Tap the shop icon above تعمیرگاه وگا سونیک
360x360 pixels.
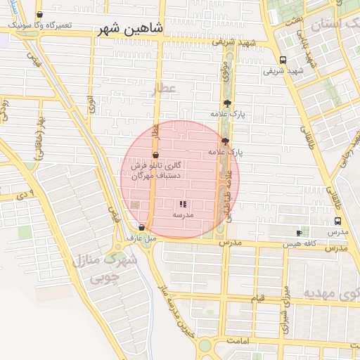(39, 14)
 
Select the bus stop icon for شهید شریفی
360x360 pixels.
(283, 60)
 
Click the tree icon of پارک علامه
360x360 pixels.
(226, 103)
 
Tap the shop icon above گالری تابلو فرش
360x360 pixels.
(155, 155)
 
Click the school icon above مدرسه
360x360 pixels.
(183, 204)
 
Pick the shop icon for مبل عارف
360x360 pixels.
(143, 227)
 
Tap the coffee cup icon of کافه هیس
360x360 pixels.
(300, 233)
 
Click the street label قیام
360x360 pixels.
(259, 299)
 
